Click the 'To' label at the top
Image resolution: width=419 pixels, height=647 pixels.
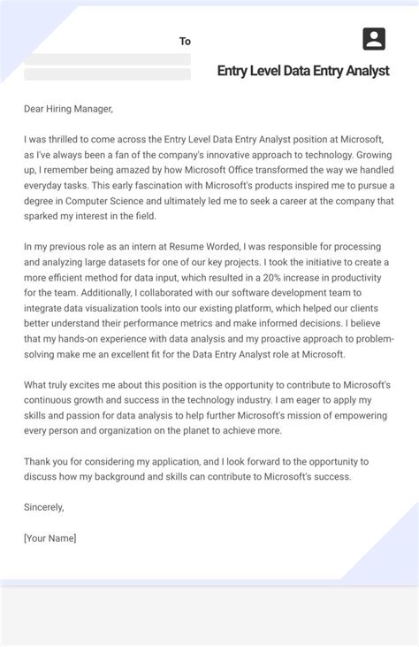pos(185,41)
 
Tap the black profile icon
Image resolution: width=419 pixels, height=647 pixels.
pos(374,39)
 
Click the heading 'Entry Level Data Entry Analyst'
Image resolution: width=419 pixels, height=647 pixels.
pos(303,72)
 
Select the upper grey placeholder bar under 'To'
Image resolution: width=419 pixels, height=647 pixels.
pos(107,59)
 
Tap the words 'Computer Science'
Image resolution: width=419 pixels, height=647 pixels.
pos(110,200)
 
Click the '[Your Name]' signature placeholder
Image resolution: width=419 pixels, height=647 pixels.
pos(50,537)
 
